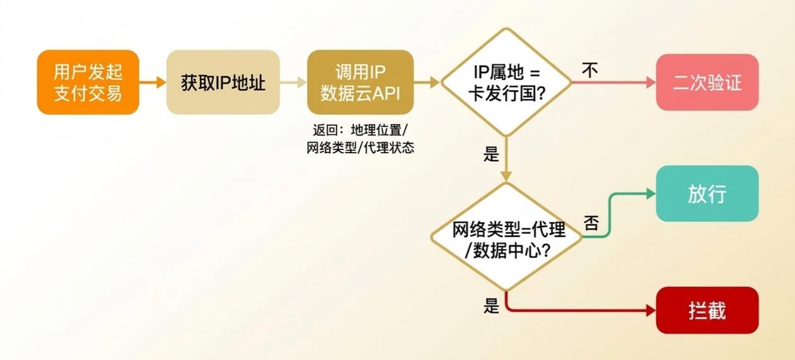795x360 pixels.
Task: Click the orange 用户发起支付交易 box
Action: [x=88, y=83]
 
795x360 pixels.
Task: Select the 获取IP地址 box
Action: [x=223, y=83]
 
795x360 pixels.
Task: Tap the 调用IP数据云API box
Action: [x=360, y=83]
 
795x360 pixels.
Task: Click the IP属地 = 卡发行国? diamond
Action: [x=506, y=83]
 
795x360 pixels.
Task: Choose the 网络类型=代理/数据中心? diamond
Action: [x=506, y=237]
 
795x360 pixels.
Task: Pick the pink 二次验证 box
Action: [x=707, y=83]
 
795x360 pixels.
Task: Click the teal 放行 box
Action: [x=707, y=194]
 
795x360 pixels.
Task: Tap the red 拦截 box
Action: [x=707, y=310]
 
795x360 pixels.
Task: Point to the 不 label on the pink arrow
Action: [x=589, y=70]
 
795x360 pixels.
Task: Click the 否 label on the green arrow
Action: [x=591, y=223]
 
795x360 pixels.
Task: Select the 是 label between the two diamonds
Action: [x=491, y=154]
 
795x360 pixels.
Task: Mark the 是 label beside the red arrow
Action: [x=491, y=306]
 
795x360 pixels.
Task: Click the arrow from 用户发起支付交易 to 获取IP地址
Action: [x=152, y=83]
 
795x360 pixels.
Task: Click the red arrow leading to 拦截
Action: [x=580, y=310]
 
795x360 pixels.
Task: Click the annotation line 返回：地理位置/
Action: [x=360, y=131]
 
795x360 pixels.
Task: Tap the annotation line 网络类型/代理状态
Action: [x=360, y=149]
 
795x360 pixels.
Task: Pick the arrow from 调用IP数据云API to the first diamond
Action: [x=427, y=83]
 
